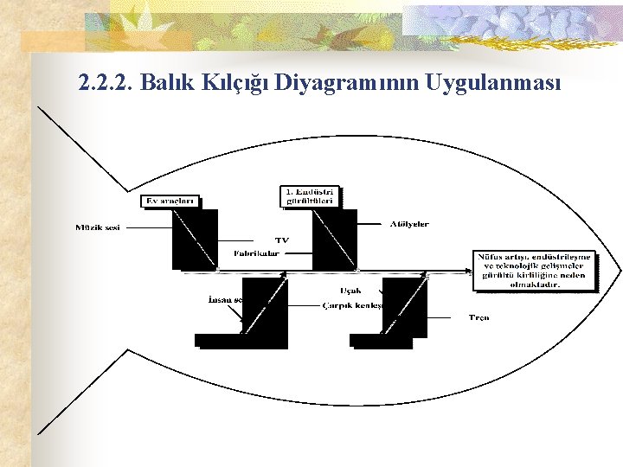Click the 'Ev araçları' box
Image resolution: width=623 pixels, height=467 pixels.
170,202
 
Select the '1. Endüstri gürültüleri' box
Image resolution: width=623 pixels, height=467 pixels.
311,196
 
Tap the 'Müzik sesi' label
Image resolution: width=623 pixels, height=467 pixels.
98,227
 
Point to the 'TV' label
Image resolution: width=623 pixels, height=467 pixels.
282,240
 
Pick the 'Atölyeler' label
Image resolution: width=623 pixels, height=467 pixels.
408,224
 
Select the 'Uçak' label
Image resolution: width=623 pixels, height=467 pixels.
350,291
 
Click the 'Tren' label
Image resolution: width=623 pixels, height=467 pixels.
478,317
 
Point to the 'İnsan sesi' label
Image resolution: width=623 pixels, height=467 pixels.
225,298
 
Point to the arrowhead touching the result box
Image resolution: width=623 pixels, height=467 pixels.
468,270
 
